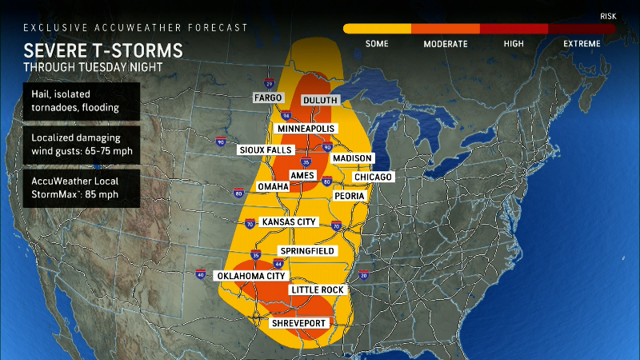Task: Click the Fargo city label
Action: (x=267, y=98)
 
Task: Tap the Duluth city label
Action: (x=320, y=100)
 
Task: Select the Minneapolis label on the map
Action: (x=307, y=129)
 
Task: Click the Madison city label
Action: (x=352, y=158)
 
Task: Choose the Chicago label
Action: (x=373, y=177)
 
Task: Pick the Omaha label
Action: (x=273, y=186)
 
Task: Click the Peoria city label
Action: (x=349, y=196)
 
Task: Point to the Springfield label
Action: (x=306, y=250)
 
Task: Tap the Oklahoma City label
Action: (x=251, y=276)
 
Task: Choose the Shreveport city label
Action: (x=299, y=322)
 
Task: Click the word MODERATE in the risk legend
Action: (x=445, y=43)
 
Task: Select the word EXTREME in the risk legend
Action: (x=581, y=43)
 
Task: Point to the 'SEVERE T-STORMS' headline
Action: (x=103, y=51)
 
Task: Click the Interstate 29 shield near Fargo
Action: (x=268, y=83)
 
